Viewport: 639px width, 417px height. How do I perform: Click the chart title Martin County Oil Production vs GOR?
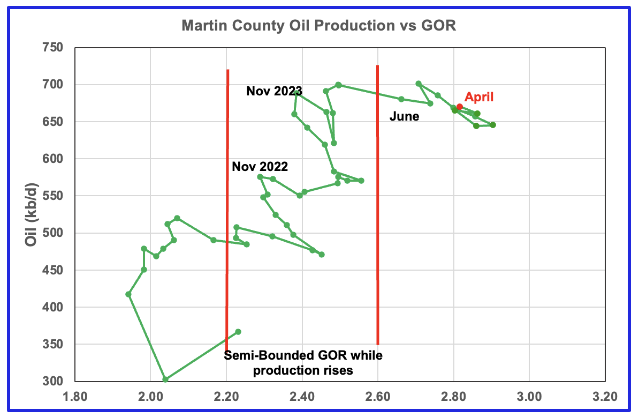(x=319, y=26)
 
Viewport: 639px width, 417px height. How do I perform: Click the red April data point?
(x=459, y=107)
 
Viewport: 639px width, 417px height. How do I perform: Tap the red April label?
(x=479, y=97)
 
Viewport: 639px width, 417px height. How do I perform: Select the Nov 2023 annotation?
(x=275, y=91)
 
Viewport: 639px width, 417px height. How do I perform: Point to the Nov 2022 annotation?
(x=260, y=167)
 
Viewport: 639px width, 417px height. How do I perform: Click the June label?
(x=404, y=116)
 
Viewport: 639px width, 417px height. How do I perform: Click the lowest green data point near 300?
(x=165, y=379)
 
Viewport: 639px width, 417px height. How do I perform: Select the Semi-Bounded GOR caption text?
(x=303, y=362)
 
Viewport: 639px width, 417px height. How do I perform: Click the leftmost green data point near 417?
(x=128, y=294)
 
